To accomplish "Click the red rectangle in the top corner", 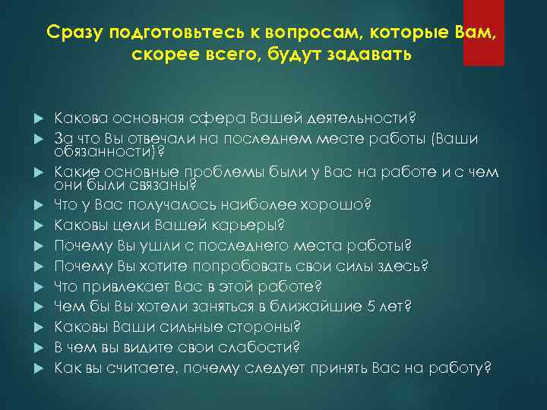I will (x=484, y=32).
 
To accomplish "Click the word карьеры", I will (x=253, y=225).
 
